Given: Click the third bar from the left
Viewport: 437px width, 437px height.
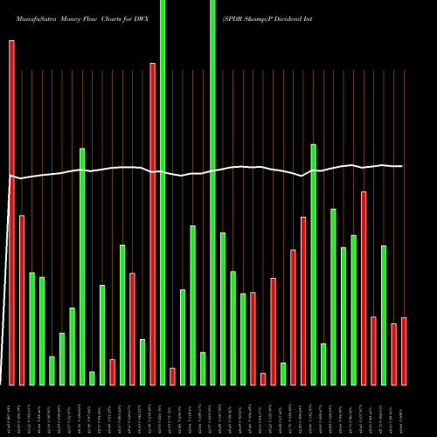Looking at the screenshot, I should pos(31,329).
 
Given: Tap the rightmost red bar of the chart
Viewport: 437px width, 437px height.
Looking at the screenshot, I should pos(404,350).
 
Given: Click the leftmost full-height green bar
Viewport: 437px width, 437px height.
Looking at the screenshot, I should pos(163,192).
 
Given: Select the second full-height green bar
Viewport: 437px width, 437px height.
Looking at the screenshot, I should pos(213,192).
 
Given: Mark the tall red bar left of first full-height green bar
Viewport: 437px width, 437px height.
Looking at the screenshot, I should pos(153,224).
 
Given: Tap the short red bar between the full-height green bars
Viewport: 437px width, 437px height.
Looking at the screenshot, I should pos(173,376).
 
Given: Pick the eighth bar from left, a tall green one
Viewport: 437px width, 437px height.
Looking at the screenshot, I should pos(82,267).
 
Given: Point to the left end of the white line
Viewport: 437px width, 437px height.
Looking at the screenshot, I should pos(9,177).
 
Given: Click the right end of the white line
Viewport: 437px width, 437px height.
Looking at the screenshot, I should pos(402,166).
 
